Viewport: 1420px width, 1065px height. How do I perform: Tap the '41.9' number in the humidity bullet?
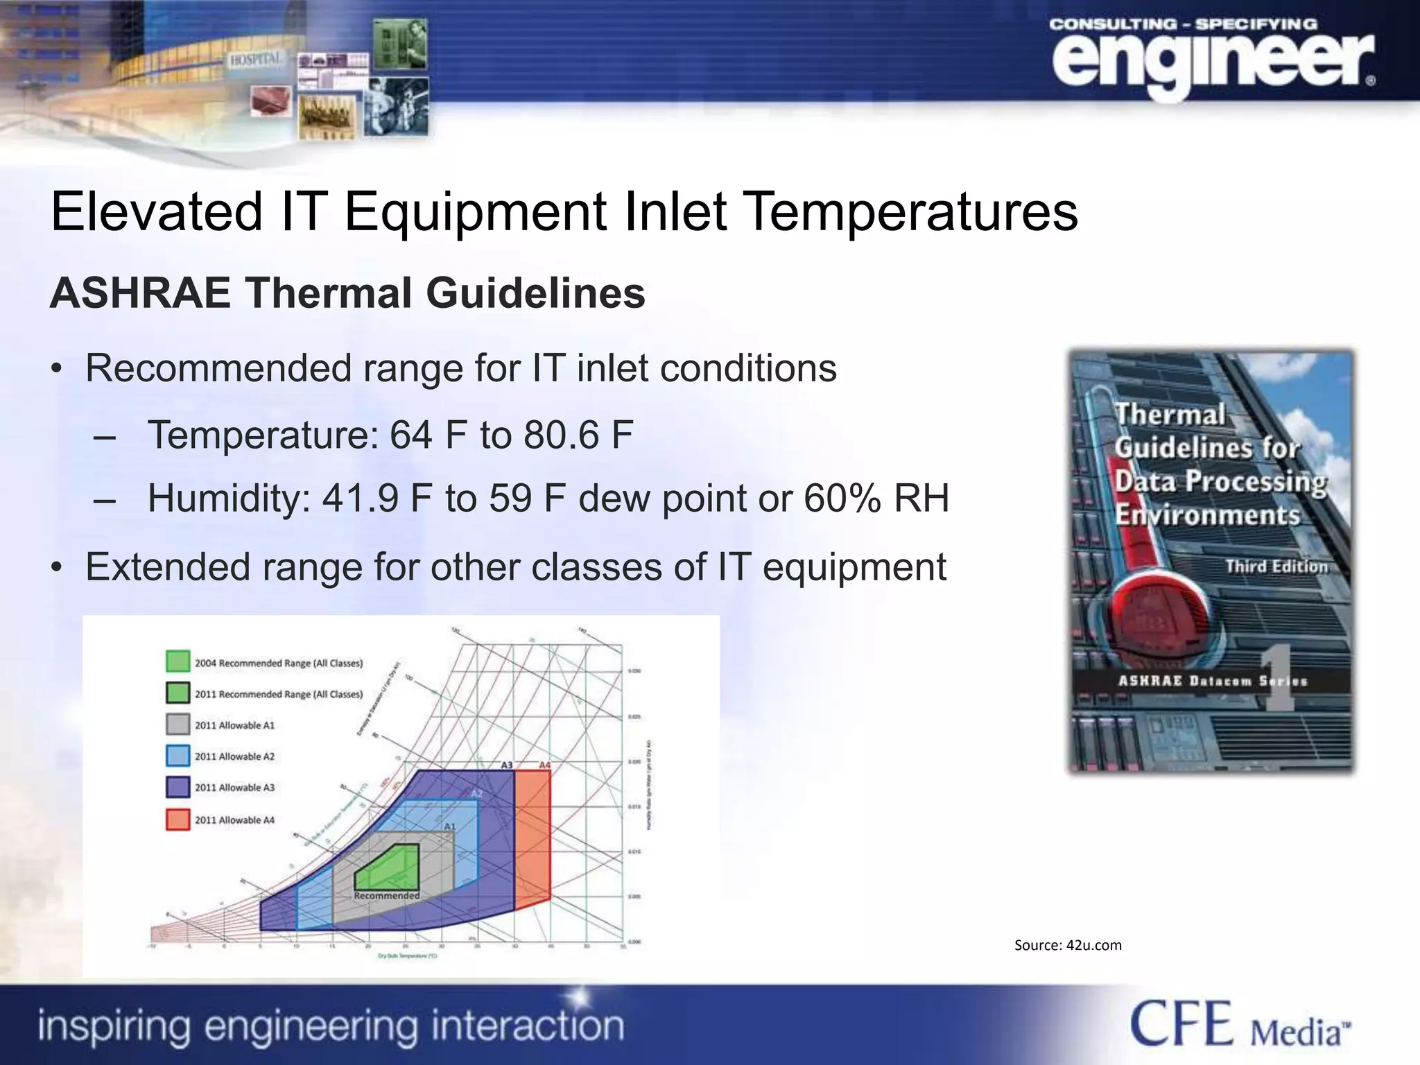[360, 498]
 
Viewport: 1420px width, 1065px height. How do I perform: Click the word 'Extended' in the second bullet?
[167, 566]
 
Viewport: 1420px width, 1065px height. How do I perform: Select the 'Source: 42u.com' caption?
[1067, 945]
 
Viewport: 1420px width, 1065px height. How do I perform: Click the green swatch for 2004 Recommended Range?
[177, 661]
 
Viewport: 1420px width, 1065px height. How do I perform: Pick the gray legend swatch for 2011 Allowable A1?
[177, 724]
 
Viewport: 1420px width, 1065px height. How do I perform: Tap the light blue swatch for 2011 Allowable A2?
[177, 755]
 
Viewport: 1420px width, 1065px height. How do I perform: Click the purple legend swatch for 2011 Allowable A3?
[177, 787]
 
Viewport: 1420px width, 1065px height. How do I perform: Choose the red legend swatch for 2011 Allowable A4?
[177, 819]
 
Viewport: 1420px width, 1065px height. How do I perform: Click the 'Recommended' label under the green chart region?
[387, 896]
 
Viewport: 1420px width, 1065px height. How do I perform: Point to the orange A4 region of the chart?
[532, 839]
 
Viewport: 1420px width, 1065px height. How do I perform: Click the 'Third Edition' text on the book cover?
[1276, 566]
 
